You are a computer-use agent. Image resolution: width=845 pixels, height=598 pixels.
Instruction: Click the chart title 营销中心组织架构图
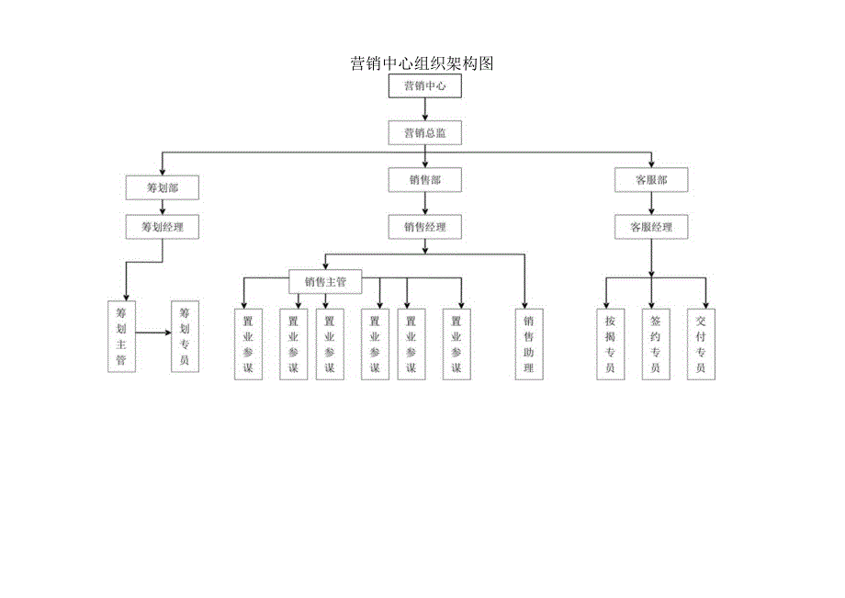(422, 63)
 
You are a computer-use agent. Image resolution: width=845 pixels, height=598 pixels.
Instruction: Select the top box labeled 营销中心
(424, 86)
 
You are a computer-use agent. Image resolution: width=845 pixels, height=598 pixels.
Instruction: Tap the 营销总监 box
(424, 133)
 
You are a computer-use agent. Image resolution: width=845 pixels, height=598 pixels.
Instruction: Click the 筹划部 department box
(162, 187)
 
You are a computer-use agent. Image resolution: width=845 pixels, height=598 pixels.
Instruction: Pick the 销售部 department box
(424, 180)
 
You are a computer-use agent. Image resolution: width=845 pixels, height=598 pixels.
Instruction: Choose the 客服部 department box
(651, 180)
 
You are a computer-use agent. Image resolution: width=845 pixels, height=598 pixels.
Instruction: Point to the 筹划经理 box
(162, 226)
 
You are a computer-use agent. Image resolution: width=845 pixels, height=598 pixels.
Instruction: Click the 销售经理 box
(424, 226)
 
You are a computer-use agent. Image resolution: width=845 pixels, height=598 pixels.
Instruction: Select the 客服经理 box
(651, 226)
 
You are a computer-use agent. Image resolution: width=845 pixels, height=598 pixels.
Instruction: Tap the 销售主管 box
(324, 282)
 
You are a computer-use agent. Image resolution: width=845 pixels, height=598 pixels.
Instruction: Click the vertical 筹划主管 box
(121, 336)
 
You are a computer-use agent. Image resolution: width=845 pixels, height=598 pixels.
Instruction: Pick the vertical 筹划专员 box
(185, 336)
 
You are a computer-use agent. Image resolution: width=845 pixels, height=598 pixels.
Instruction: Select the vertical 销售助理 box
(528, 344)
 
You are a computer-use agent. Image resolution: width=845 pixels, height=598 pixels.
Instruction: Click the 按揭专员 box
(610, 344)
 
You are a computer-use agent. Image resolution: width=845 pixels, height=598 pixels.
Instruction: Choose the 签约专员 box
(655, 344)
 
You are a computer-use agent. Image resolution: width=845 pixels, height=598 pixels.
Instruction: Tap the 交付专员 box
(701, 344)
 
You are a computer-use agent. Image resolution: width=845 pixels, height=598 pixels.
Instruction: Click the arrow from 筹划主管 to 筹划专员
(153, 332)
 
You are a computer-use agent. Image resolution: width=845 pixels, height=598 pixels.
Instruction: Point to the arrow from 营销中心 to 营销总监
(424, 109)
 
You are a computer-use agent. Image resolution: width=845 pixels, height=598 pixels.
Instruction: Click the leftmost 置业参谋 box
(248, 344)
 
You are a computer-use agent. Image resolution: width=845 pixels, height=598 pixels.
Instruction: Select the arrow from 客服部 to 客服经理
(651, 204)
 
